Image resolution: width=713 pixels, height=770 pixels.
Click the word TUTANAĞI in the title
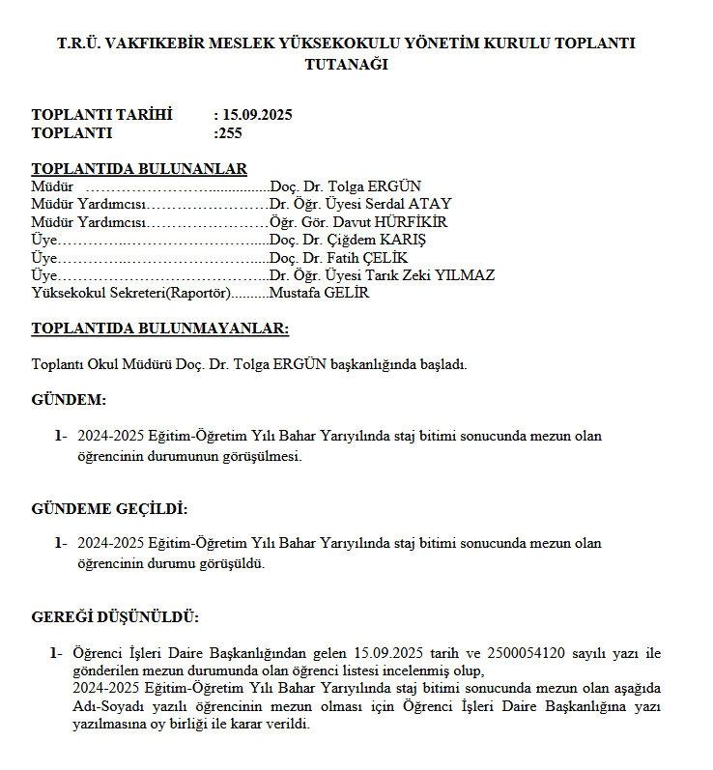(346, 65)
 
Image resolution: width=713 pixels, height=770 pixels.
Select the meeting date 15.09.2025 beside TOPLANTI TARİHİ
(257, 115)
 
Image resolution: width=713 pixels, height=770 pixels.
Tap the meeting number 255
(231, 133)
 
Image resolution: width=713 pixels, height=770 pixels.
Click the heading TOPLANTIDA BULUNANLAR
(139, 169)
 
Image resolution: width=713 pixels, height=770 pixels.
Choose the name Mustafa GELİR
(319, 293)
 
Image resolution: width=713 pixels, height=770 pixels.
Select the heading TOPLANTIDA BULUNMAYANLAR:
(159, 328)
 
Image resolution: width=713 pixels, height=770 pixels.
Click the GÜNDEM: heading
(69, 400)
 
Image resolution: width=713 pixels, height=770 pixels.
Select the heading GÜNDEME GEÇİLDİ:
(109, 509)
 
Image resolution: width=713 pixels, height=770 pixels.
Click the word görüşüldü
(231, 562)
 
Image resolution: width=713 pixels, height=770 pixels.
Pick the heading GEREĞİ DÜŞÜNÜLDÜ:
(115, 616)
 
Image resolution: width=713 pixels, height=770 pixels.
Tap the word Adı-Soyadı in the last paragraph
(106, 706)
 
